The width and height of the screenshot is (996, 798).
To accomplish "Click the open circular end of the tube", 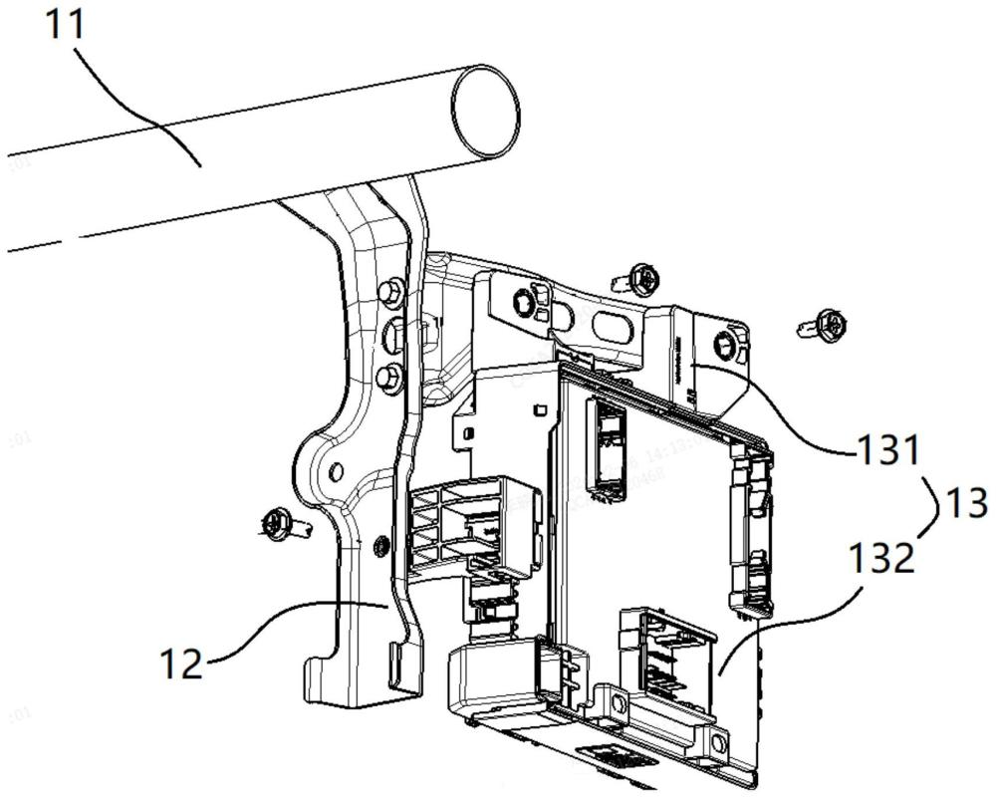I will pos(485,111).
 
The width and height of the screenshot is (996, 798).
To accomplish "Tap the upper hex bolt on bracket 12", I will pos(391,291).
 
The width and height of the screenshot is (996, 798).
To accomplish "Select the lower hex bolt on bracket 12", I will pos(391,376).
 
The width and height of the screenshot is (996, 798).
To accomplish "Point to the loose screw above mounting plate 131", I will pos(637,279).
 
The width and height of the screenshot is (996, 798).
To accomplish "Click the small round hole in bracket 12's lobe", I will pos(336,469).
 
